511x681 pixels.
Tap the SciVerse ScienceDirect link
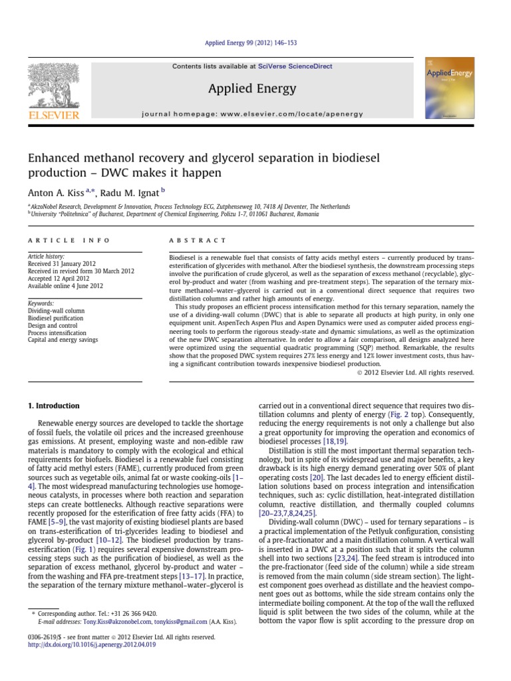297,67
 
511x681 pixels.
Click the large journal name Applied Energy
252,88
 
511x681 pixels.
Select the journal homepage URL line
253,114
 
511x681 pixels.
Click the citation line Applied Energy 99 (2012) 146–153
255,43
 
